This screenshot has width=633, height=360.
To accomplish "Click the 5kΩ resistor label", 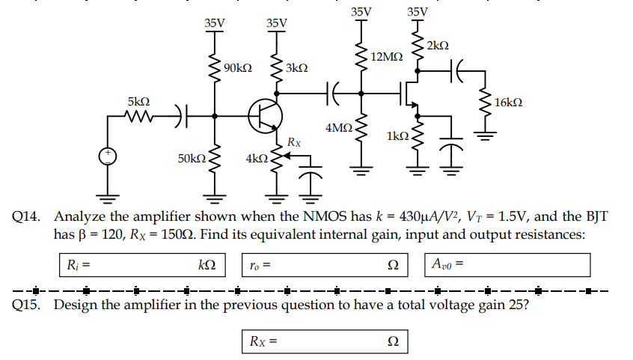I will pyautogui.click(x=138, y=100).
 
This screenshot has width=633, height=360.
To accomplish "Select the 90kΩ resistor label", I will pyautogui.click(x=237, y=68).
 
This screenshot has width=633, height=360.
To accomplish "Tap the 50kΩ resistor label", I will pyautogui.click(x=192, y=159).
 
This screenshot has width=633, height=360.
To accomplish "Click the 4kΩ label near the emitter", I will pyautogui.click(x=256, y=159).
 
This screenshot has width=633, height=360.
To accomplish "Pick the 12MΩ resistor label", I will pyautogui.click(x=386, y=57).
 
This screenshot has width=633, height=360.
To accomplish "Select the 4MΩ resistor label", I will pyautogui.click(x=339, y=128).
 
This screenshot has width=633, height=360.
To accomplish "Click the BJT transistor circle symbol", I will pyautogui.click(x=266, y=115).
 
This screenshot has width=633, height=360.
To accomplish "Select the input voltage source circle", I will pyautogui.click(x=108, y=156).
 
